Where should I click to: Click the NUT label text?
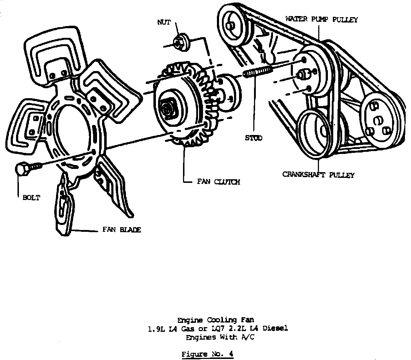164,22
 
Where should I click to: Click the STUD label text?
253,138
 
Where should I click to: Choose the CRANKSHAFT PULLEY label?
318,175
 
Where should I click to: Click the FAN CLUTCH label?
218,182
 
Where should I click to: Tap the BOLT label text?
31,197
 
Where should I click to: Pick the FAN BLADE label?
122,230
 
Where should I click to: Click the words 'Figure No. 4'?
208,354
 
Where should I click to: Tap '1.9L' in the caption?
155,328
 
